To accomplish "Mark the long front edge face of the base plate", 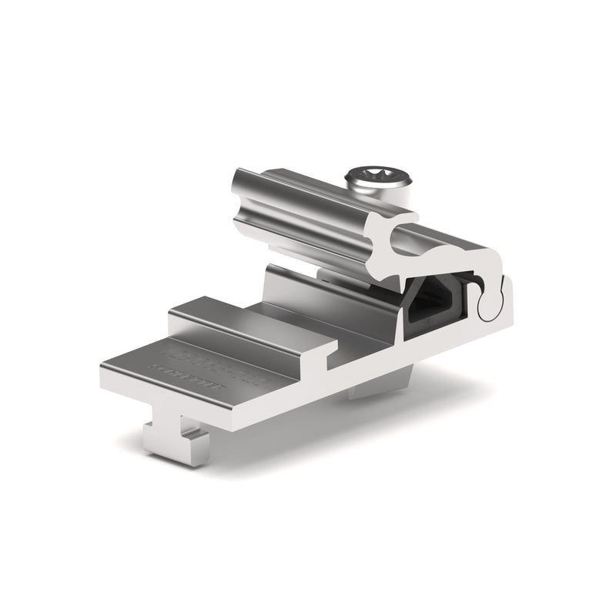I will [223, 416].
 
